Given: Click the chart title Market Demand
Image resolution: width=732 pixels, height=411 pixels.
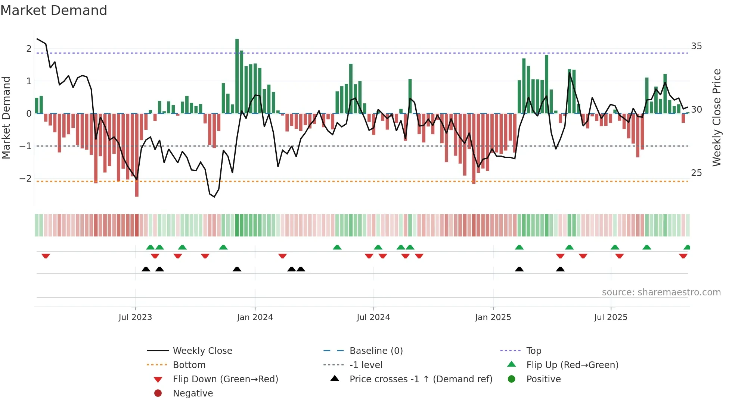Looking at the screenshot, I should click(54, 10).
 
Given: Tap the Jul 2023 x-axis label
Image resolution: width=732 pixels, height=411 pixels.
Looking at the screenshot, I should click(135, 317).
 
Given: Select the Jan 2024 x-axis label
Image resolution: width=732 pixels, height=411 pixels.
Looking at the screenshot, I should click(255, 317).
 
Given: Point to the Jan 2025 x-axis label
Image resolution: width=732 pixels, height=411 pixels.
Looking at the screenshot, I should click(493, 317).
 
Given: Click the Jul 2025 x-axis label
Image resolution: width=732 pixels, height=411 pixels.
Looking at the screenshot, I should click(611, 317).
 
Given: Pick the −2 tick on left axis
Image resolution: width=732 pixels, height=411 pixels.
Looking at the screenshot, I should click(25, 179).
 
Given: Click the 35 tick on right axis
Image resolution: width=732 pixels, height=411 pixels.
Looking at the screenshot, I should click(696, 46).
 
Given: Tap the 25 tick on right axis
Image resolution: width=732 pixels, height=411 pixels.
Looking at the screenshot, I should click(696, 173).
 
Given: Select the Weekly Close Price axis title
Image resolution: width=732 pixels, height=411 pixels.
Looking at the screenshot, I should click(716, 117).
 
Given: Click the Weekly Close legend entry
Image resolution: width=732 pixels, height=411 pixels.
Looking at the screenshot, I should click(202, 351).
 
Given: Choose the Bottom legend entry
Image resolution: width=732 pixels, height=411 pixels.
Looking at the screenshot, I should click(189, 365).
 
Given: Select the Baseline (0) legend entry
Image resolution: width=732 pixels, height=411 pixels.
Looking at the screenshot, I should click(376, 351).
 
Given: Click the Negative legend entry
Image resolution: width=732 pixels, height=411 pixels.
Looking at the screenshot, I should click(193, 393).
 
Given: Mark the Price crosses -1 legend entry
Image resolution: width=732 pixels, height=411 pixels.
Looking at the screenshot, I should click(421, 379).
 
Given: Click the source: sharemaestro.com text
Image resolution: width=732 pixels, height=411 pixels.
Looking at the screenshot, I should click(661, 292).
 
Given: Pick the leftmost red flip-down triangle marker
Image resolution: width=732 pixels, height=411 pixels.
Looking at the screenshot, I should click(46, 256).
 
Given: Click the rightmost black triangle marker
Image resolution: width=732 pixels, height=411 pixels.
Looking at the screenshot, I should click(560, 269).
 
